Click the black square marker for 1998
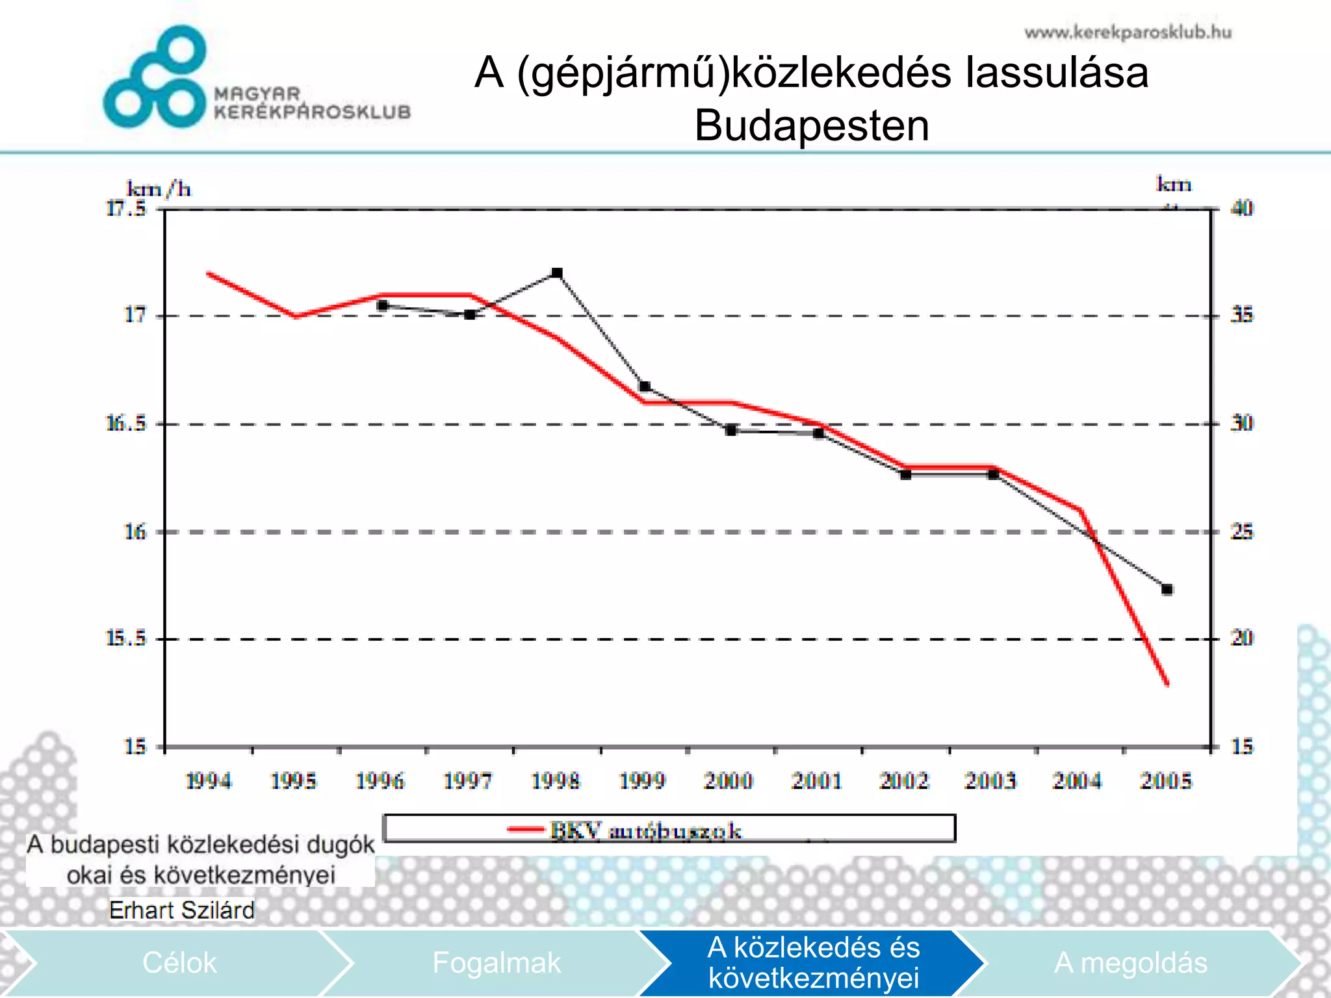[x=557, y=273]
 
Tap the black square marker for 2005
[x=1167, y=590]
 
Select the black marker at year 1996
[x=382, y=305]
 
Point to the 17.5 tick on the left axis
[x=126, y=209]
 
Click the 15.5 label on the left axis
[x=126, y=638]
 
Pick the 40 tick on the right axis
[x=1242, y=209]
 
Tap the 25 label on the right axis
[x=1242, y=532]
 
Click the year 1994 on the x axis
[x=208, y=780]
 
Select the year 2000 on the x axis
[x=729, y=780]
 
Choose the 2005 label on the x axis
[x=1167, y=780]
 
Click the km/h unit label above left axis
[x=159, y=189]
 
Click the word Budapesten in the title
[x=812, y=125]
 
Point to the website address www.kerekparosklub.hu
[x=1128, y=32]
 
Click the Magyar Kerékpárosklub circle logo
[x=156, y=78]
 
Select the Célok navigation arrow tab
[x=179, y=963]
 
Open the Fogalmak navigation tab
[x=496, y=963]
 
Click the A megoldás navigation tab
[x=1130, y=963]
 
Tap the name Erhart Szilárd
[x=181, y=910]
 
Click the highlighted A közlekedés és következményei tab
[x=813, y=963]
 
